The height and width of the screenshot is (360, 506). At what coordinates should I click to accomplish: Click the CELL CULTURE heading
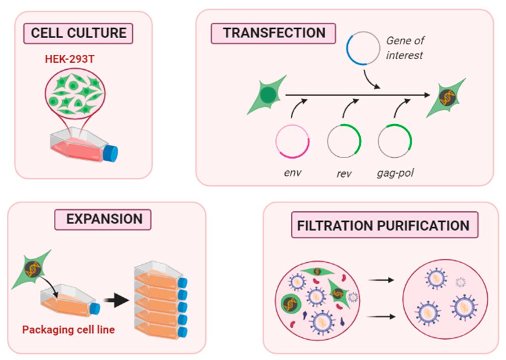79,33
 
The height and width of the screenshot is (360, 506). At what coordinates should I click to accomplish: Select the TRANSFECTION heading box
273,33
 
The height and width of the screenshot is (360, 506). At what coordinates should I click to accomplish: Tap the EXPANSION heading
103,219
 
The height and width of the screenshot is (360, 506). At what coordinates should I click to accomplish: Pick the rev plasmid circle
344,141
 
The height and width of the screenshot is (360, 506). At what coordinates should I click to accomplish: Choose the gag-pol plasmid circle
395,141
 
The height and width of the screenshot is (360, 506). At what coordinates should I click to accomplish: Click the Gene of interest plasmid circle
363,49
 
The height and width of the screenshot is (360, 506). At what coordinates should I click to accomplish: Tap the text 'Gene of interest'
404,47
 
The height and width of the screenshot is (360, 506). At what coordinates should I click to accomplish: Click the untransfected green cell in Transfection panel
267,94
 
